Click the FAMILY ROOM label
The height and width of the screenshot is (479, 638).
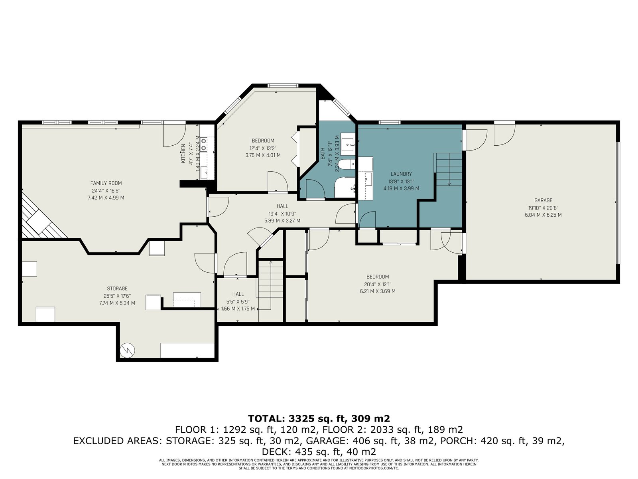click(x=106, y=183)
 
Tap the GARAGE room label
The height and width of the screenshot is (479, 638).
click(x=543, y=200)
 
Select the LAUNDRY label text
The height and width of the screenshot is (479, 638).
click(x=401, y=174)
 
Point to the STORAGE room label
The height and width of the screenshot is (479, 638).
click(x=117, y=289)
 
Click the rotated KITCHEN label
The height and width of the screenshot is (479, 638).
click(x=183, y=153)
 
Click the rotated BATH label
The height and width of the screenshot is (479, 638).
click(x=323, y=154)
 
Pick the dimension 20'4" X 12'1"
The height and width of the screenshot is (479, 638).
click(x=378, y=284)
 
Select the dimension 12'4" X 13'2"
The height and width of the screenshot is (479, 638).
click(x=263, y=148)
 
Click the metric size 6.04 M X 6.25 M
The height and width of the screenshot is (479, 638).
click(x=543, y=215)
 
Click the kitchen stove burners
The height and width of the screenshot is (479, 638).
click(x=204, y=144)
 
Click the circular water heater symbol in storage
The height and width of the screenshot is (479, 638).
click(x=128, y=350)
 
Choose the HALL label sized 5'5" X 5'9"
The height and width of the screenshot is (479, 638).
click(x=238, y=301)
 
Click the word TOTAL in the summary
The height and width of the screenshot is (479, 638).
click(x=266, y=418)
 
